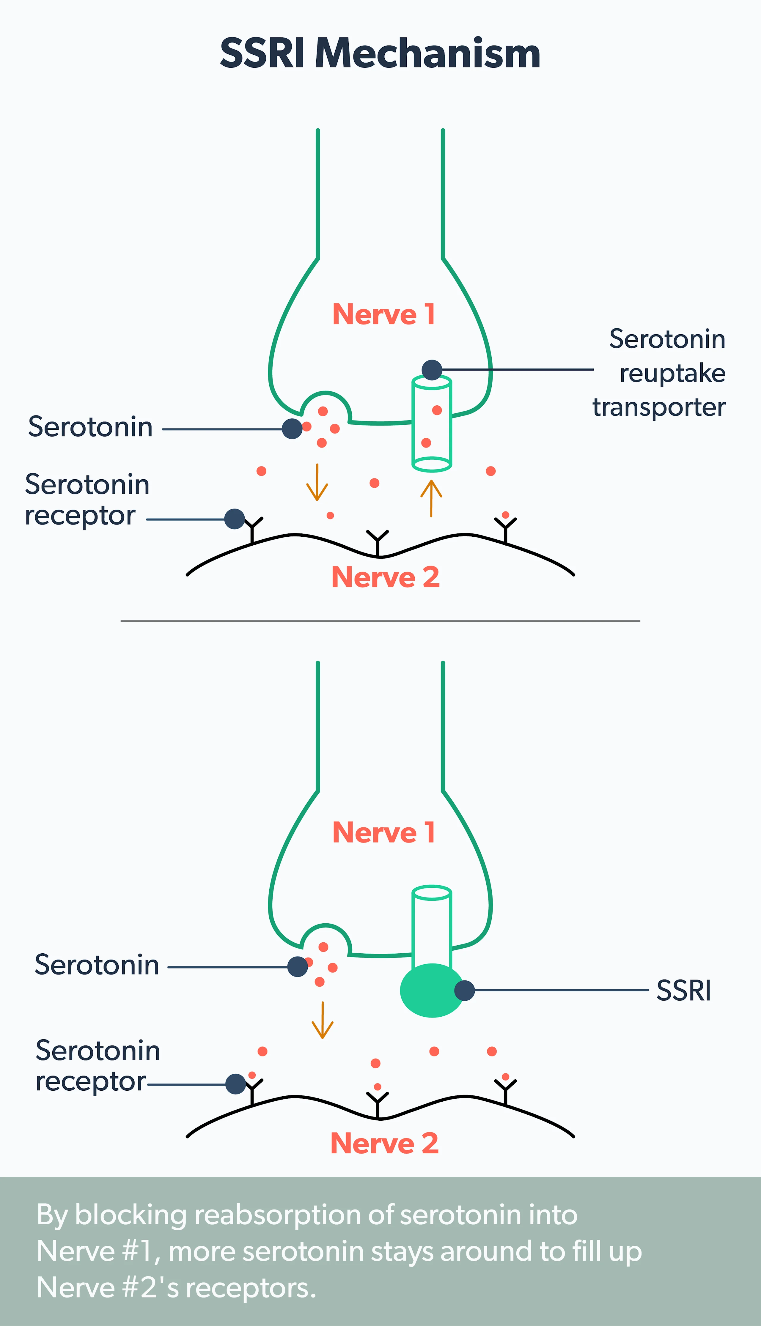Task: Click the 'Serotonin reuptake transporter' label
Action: [x=660, y=373]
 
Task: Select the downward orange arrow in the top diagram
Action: [x=317, y=482]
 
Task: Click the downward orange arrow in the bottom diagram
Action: [x=323, y=1020]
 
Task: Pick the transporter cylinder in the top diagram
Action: [x=432, y=423]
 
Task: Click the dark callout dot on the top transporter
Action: [x=432, y=370]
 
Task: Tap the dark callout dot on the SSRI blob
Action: [x=464, y=990]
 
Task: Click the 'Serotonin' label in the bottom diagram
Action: [x=97, y=965]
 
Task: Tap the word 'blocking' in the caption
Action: [x=131, y=1215]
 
